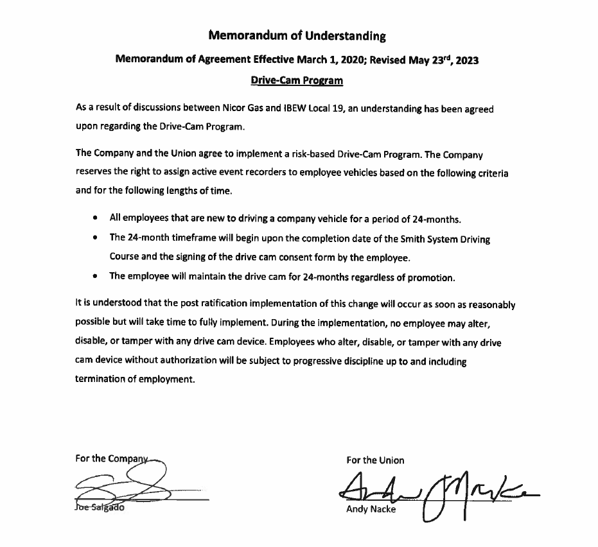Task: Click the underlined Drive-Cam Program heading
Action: [297, 81]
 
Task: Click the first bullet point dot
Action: [94, 220]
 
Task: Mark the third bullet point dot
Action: [94, 277]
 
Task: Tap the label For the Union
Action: [375, 460]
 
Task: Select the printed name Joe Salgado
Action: [101, 508]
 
